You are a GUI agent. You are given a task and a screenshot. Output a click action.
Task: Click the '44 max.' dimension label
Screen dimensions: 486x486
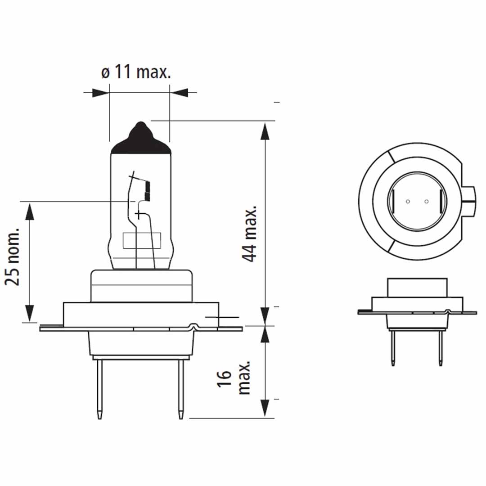249,234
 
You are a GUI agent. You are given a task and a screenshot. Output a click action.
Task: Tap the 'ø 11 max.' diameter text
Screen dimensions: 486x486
136,72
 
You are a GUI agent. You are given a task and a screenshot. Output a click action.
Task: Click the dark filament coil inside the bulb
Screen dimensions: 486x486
147,191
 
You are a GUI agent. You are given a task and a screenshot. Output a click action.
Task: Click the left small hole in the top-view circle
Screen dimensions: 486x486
407,202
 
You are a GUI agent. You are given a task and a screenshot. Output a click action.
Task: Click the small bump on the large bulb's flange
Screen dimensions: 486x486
194,325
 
